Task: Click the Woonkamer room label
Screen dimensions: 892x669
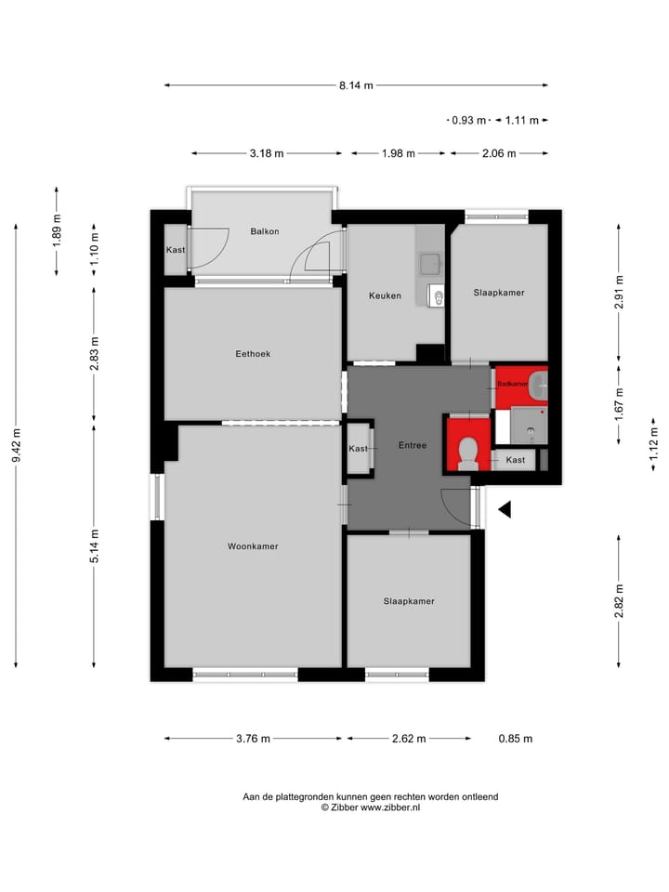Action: [253, 546]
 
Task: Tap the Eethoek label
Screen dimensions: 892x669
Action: [253, 353]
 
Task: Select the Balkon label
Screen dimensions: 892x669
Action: [265, 231]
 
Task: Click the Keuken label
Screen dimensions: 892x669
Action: [385, 295]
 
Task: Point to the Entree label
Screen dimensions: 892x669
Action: [412, 445]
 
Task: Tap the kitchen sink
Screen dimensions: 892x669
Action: [430, 264]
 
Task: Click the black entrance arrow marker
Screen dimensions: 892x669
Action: [505, 509]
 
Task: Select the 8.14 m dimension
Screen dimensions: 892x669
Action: [356, 85]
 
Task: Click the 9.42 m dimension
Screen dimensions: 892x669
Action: [17, 444]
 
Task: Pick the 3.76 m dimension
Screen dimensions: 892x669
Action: [253, 739]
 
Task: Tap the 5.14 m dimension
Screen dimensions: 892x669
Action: [95, 546]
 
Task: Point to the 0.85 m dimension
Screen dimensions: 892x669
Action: [515, 739]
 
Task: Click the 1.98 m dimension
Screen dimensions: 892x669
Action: [398, 154]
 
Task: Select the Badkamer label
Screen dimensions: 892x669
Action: [512, 384]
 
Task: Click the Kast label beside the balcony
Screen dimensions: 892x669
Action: [176, 250]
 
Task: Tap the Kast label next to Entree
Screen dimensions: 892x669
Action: [359, 449]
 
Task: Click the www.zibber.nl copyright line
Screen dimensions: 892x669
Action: [371, 808]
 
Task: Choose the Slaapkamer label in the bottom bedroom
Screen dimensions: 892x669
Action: [409, 601]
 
